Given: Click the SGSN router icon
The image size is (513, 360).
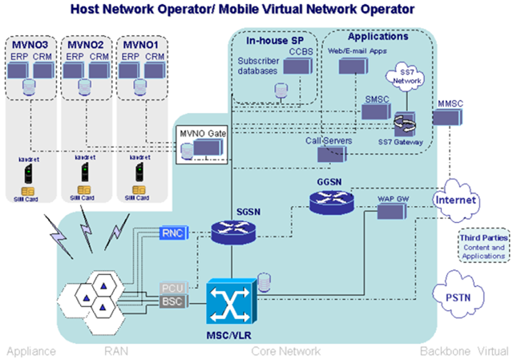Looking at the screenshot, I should point(232,233).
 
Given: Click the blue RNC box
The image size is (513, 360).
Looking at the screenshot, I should point(173,233).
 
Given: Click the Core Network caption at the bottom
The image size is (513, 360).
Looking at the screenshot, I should point(286,351).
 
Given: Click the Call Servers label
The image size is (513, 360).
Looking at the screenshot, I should point(325,140).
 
